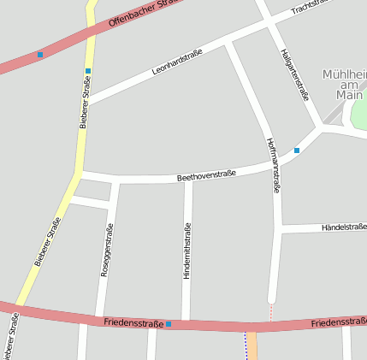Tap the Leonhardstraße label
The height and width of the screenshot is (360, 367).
pyautogui.click(x=177, y=62)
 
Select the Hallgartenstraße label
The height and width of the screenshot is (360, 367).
pyautogui.click(x=293, y=74)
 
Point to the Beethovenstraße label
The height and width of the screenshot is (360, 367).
pyautogui.click(x=206, y=175)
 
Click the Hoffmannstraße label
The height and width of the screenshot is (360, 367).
pyautogui.click(x=273, y=165)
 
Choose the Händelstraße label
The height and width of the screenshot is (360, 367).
pyautogui.click(x=343, y=227)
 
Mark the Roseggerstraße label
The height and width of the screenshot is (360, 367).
pyautogui.click(x=106, y=249)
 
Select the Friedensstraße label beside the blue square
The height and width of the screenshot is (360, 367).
pyautogui.click(x=133, y=322)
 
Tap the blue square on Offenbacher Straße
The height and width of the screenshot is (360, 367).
pyautogui.click(x=39, y=55)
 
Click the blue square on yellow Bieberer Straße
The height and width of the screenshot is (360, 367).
pyautogui.click(x=87, y=71)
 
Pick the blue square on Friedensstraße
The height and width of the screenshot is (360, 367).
pyautogui.click(x=169, y=324)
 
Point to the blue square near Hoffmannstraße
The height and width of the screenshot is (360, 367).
pyautogui.click(x=297, y=150)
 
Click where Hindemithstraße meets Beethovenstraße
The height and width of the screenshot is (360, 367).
pyautogui.click(x=188, y=180)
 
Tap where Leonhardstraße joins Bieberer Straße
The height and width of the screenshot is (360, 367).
pyautogui.click(x=86, y=103)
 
